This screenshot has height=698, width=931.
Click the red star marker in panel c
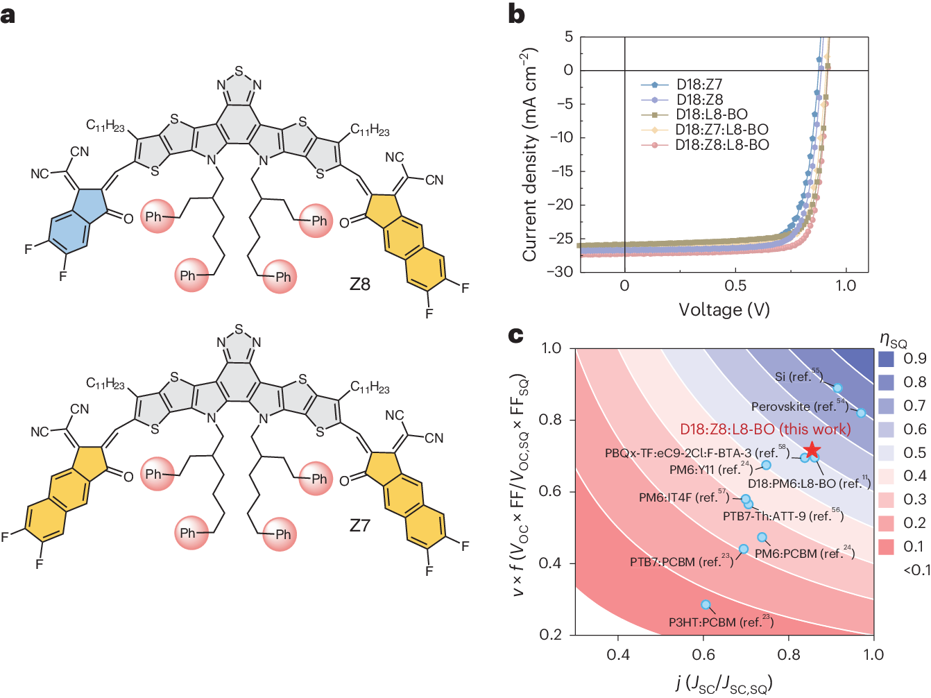812,451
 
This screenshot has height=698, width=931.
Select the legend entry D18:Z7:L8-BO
721,130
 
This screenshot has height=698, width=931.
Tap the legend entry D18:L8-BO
712,114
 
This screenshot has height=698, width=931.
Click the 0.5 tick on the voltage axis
735,286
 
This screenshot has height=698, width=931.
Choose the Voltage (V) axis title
724,309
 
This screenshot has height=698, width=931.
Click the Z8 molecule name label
359,284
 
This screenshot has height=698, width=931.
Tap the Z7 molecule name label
359,526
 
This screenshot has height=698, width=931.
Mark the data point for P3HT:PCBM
706,605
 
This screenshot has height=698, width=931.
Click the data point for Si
837,388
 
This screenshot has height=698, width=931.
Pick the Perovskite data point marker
861,413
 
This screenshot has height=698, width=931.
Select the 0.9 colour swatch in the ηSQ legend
886,359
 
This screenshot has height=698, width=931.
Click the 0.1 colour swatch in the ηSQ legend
886,547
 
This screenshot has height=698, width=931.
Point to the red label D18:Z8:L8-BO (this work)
765,429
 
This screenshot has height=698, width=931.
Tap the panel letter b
516,14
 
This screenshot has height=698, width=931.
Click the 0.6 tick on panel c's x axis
703,654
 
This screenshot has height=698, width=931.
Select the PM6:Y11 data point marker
766,465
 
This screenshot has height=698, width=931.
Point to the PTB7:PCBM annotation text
681,562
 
